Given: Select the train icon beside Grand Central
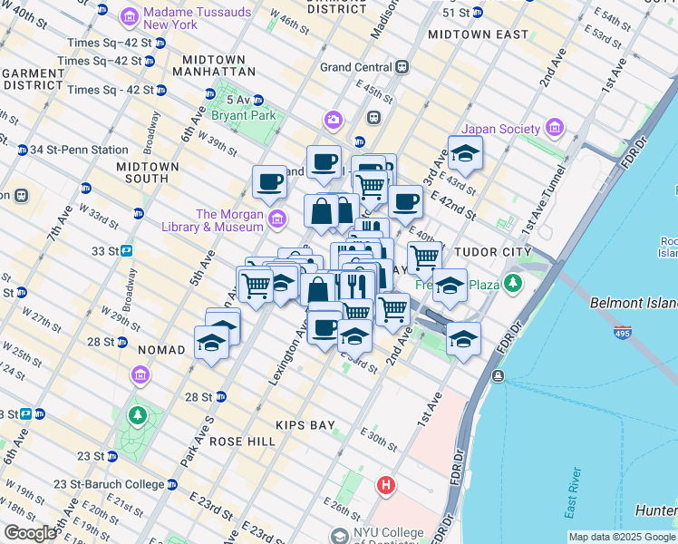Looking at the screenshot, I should tap(402, 67).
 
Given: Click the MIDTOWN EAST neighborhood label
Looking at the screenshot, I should tap(478, 34).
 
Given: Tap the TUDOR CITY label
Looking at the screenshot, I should tap(489, 250).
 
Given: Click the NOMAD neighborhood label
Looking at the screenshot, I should tap(161, 349).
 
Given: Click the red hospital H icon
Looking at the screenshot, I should tap(386, 487).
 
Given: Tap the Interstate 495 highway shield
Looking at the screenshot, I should tap(622, 335).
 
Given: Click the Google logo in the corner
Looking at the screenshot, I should tap(30, 533).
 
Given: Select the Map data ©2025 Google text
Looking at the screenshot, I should tap(622, 537).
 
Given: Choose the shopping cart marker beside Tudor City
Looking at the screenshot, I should tap(424, 257).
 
